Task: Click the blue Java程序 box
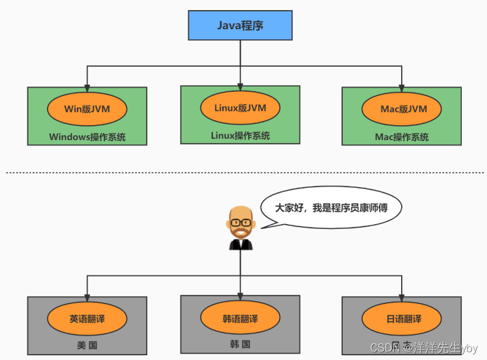click(240, 26)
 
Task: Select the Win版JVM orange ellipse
click(87, 110)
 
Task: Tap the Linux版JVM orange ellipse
click(240, 108)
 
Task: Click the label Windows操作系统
click(87, 136)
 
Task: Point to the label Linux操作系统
click(240, 135)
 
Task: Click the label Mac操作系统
click(402, 136)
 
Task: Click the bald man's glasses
click(241, 222)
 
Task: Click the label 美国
click(87, 346)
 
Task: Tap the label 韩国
click(240, 344)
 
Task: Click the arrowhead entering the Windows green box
click(88, 83)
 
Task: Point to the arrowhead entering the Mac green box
click(402, 83)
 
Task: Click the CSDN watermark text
click(385, 347)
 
